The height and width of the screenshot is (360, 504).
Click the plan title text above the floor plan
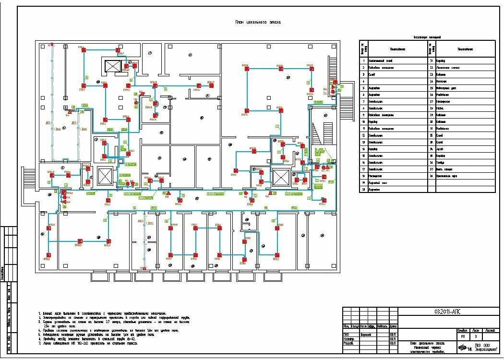click(258, 22)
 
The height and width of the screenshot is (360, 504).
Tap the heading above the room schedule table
click(427, 37)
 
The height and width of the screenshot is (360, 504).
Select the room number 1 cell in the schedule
click(364, 61)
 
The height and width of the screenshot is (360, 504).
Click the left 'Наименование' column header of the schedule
click(397, 49)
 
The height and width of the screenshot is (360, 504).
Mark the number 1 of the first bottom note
click(39, 312)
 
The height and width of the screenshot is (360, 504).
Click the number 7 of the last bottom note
click(39, 343)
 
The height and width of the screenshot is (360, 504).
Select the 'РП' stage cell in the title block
click(462, 336)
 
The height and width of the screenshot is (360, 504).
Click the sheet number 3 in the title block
click(475, 336)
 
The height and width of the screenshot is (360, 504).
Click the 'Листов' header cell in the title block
click(491, 330)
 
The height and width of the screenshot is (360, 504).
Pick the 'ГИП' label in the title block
click(346, 335)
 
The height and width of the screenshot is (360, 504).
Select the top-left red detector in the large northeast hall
click(247, 69)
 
